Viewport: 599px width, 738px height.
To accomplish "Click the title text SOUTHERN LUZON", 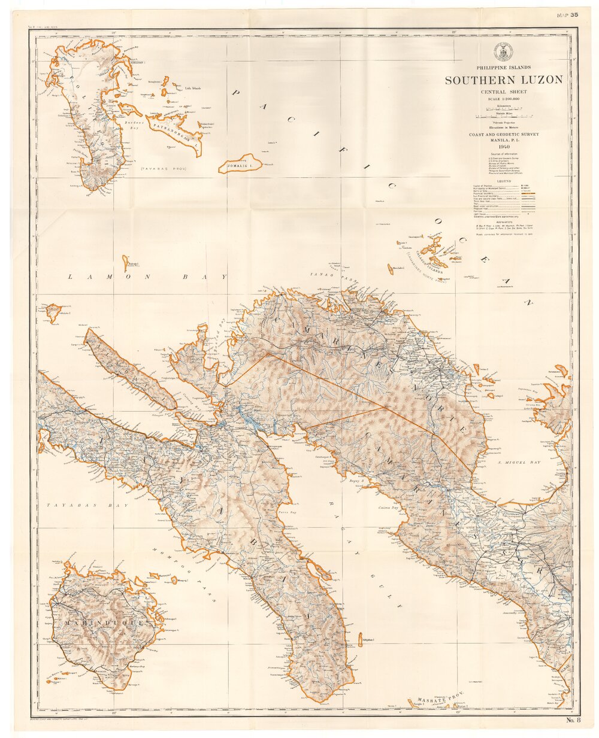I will click(x=503, y=80).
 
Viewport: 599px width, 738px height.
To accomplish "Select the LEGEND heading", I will click(x=503, y=180).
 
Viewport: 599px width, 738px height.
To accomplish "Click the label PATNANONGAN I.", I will click(x=174, y=130).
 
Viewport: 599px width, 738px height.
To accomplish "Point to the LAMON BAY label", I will click(x=147, y=277).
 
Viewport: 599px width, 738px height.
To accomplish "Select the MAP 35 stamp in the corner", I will click(x=567, y=15).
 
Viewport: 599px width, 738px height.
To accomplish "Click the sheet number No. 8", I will click(x=573, y=720).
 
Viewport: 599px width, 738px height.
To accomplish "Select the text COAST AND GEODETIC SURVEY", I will click(x=503, y=135).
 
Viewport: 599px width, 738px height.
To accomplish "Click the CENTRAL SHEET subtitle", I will click(x=503, y=92).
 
